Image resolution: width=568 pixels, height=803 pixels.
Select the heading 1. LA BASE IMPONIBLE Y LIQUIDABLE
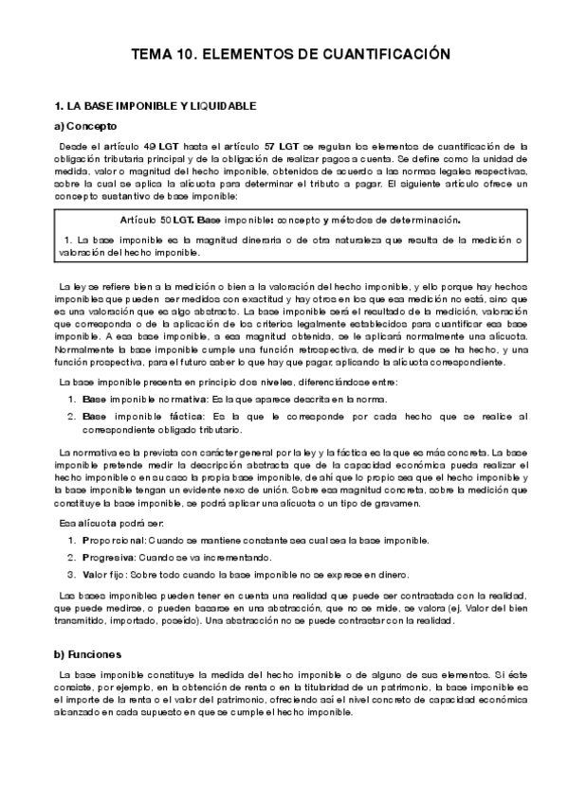156,106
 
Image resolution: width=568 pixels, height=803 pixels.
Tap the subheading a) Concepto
86,126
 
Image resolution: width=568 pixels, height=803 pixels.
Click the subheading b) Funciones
87,654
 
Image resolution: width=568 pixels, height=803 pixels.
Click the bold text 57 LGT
283,147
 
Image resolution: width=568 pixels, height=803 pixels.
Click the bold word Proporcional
113,540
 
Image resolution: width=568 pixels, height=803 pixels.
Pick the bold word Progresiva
110,557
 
